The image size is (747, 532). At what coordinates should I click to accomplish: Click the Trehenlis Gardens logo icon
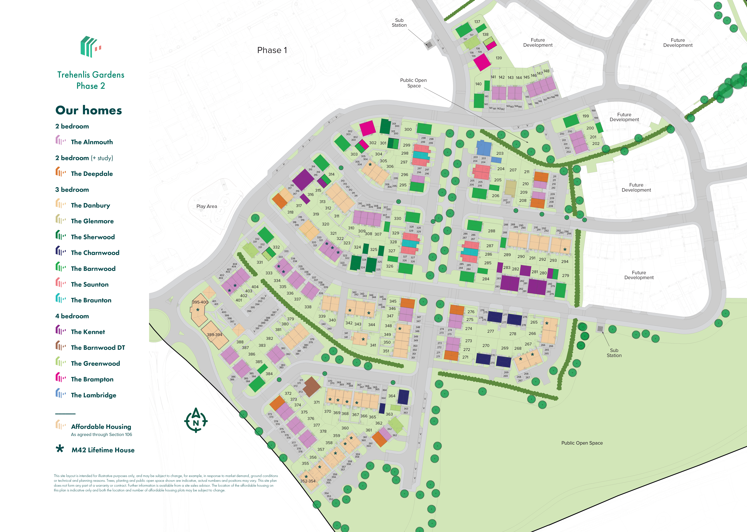point(91,47)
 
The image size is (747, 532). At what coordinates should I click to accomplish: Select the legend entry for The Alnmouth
point(92,142)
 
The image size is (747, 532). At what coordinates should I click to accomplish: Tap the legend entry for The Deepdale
point(92,174)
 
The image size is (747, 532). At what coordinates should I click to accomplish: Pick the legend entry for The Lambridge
point(93,395)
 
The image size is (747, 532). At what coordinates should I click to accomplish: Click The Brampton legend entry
point(92,379)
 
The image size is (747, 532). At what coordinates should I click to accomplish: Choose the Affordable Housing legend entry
point(101,426)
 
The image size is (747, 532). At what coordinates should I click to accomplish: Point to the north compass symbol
point(196,420)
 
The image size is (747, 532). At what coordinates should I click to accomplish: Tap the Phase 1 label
point(272,50)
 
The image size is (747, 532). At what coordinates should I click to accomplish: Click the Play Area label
point(207,206)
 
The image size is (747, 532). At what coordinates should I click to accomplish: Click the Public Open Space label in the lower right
point(582,443)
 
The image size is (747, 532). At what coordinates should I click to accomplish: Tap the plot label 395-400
point(200,302)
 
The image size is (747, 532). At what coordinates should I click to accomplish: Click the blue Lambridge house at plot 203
point(484,148)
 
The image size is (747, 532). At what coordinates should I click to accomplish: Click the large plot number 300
point(408,129)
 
